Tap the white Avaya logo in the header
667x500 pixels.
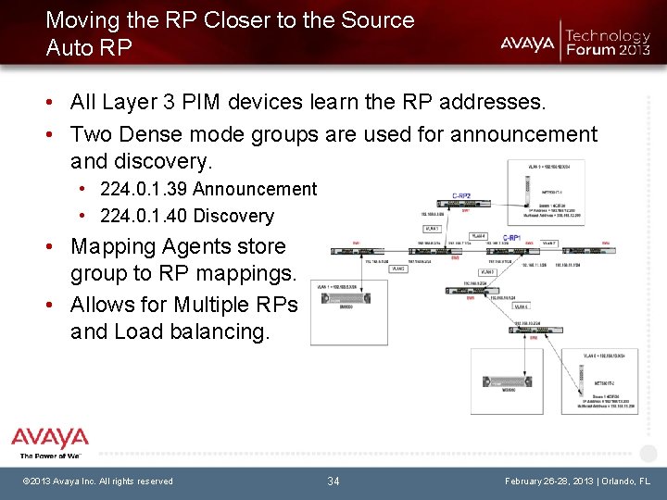pos(527,43)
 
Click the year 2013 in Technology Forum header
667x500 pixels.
pos(635,49)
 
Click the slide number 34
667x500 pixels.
pos(333,481)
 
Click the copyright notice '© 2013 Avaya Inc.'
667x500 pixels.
pos(73,481)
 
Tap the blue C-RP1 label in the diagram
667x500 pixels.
pos(512,238)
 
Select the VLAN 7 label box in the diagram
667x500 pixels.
pos(548,244)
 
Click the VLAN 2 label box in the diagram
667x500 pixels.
pos(398,269)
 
